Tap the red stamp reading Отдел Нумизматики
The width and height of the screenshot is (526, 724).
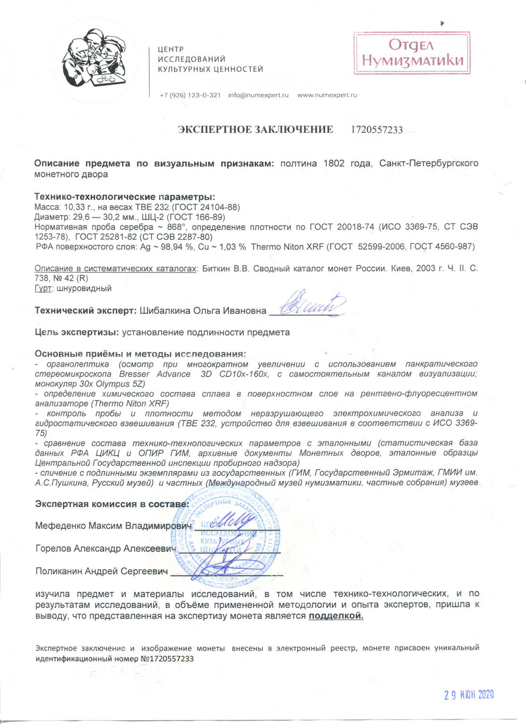[412, 53]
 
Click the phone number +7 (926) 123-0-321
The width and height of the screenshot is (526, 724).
[190, 95]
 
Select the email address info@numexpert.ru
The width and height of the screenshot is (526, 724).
[258, 95]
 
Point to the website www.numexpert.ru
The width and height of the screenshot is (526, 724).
[327, 95]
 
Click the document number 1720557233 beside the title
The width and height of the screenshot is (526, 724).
[376, 130]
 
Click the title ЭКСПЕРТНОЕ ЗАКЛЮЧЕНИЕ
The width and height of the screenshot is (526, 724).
[255, 129]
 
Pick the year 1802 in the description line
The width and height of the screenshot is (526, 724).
[334, 163]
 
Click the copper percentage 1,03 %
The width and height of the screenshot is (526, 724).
[229, 247]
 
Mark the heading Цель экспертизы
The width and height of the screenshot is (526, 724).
[77, 332]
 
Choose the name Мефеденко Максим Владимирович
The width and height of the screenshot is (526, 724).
[113, 526]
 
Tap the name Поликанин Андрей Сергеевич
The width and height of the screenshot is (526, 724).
[101, 571]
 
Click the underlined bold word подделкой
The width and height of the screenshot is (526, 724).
[336, 616]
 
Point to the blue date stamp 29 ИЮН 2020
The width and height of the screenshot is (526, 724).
[469, 695]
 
